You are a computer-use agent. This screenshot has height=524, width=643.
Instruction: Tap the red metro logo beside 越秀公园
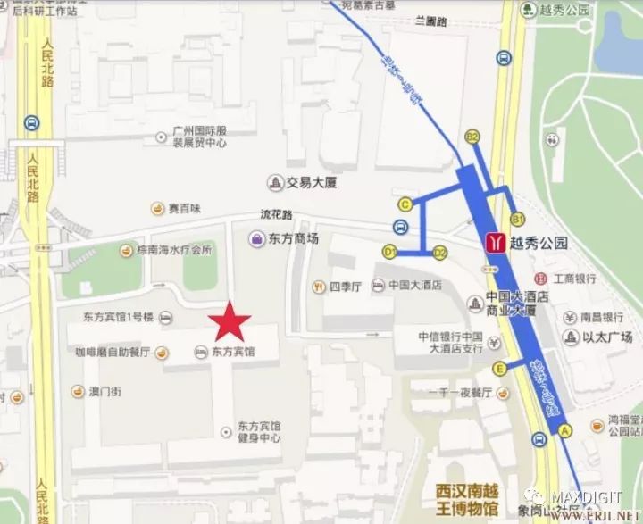click(x=493, y=242)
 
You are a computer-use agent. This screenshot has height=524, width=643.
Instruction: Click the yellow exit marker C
click(x=405, y=204)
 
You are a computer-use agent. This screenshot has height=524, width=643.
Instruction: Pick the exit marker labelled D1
click(x=389, y=253)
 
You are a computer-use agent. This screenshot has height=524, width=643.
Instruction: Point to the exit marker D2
click(x=439, y=253)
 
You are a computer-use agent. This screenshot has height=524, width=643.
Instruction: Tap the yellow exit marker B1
click(x=516, y=218)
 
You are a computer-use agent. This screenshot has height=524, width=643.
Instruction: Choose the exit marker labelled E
click(x=500, y=368)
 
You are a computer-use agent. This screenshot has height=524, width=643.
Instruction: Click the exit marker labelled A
click(x=564, y=429)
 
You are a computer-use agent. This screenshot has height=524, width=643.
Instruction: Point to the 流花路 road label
click(x=276, y=214)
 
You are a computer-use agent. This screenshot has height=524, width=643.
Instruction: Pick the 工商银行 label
click(x=575, y=279)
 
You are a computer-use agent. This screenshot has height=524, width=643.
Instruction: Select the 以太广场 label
click(x=607, y=337)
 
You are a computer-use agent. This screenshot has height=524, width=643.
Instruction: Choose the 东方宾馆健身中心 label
click(x=259, y=432)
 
